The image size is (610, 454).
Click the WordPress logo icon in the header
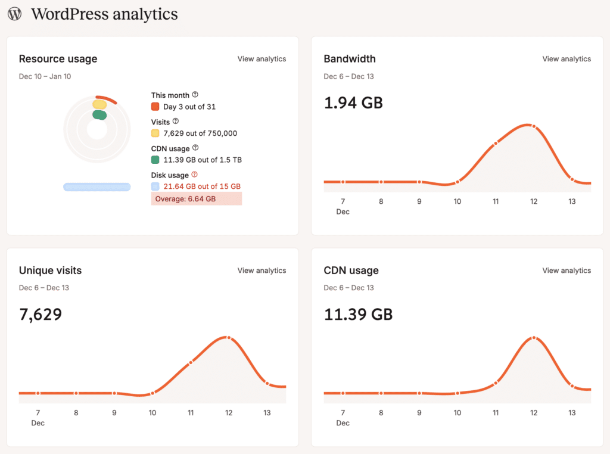[15, 14]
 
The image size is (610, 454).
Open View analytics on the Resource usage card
[262, 59]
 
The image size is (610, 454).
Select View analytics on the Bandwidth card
[567, 59]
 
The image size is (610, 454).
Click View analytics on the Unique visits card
[262, 270]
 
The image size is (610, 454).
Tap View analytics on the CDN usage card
[567, 270]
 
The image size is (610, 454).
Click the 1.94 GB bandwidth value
[353, 102]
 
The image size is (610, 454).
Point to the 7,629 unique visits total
[41, 314]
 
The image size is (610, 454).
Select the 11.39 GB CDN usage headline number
[358, 314]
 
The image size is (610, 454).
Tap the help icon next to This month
[195, 95]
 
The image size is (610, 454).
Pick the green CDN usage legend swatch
[155, 160]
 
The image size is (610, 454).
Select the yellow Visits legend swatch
[155, 133]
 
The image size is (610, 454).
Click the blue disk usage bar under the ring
[97, 187]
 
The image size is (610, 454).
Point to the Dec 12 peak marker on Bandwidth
[534, 126]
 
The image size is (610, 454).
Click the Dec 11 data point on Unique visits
[191, 362]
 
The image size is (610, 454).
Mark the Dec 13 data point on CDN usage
[572, 386]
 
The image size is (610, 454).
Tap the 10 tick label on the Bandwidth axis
[457, 201]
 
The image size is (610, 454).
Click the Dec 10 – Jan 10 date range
[45, 76]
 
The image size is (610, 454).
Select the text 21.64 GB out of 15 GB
[202, 186]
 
